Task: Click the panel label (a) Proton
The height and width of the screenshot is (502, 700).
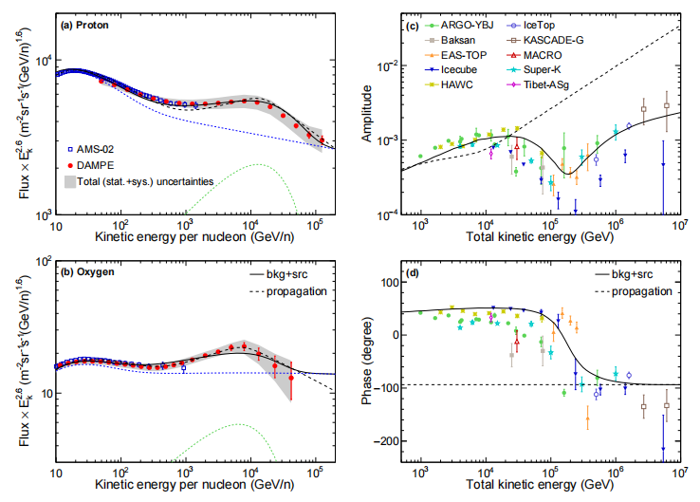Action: click(x=92, y=26)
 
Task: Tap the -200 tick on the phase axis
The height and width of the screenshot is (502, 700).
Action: click(x=386, y=441)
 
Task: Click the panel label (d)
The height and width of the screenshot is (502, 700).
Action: click(x=413, y=274)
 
